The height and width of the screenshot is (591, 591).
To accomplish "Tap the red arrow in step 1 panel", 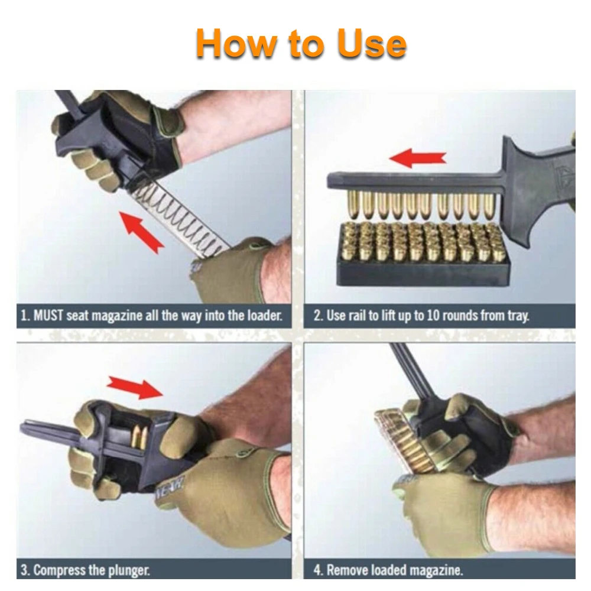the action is [142, 232].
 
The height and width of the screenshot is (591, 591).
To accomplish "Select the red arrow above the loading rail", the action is [418, 157].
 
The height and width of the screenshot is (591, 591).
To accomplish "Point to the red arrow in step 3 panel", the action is [135, 387].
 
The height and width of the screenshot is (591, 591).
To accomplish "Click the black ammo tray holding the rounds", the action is [423, 272].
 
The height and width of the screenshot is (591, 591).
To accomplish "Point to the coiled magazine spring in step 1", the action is [181, 217].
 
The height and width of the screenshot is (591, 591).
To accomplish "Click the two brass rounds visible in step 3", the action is [139, 437].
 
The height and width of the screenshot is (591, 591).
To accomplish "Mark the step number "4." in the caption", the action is [319, 570].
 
